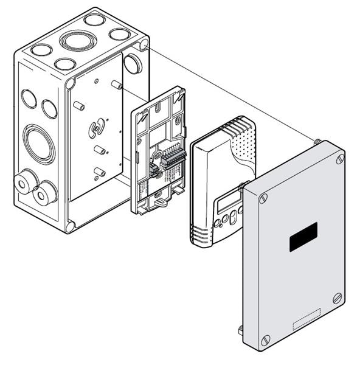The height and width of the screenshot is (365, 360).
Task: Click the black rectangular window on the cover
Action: [x=303, y=237]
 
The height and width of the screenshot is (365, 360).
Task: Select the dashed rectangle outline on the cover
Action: [x=306, y=320]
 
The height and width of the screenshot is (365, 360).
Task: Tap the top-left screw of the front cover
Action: [x=263, y=198]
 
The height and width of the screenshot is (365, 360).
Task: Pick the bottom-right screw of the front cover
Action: [x=337, y=298]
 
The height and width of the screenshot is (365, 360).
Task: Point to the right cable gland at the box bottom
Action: [x=44, y=195]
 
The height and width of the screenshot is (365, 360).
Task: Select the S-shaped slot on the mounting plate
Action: [x=94, y=130]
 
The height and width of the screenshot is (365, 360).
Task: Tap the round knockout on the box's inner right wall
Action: [x=133, y=63]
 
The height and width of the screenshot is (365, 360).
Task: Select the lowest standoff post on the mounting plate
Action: [x=99, y=172]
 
